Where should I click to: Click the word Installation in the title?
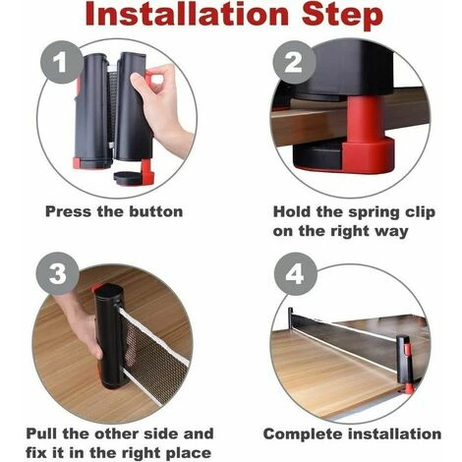pos(187,14)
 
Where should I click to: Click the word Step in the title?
pos(342,16)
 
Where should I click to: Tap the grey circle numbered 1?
pos(61,62)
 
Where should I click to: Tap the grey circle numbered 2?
pos(294,62)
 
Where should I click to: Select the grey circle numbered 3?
pos(58,273)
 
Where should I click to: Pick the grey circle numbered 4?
pos(295,274)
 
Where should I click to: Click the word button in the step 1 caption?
pos(156,211)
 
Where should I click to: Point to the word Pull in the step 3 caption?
pos(41,433)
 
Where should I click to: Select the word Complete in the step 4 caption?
pos(303,434)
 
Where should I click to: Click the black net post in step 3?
pos(110,336)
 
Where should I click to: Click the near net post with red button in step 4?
pos(404,364)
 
